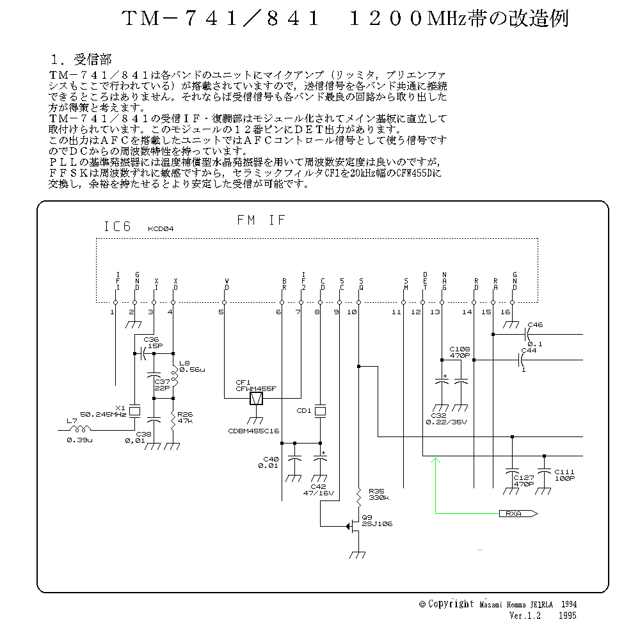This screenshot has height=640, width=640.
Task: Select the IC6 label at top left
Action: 117,227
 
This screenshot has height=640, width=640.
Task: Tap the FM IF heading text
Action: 261,220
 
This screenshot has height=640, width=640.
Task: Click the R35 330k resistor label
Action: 378,493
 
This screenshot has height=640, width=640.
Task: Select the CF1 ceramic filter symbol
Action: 256,399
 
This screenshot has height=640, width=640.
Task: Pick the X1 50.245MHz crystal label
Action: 103,411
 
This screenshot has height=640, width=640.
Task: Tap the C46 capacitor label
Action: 535,325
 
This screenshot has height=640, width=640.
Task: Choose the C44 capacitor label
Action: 528,350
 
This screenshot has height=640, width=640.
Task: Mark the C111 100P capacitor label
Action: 564,474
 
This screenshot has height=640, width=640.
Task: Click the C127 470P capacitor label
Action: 524,481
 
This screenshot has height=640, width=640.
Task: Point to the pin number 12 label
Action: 416,312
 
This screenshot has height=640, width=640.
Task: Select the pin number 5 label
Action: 221,312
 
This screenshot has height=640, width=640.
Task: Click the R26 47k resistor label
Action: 186,417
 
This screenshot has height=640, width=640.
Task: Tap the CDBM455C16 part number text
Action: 255,431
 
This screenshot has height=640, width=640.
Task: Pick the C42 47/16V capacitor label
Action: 318,490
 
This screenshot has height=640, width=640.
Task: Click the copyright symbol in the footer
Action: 422,604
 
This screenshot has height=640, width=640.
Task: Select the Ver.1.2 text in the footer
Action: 525,616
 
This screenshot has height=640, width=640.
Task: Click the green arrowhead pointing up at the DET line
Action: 435,460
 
